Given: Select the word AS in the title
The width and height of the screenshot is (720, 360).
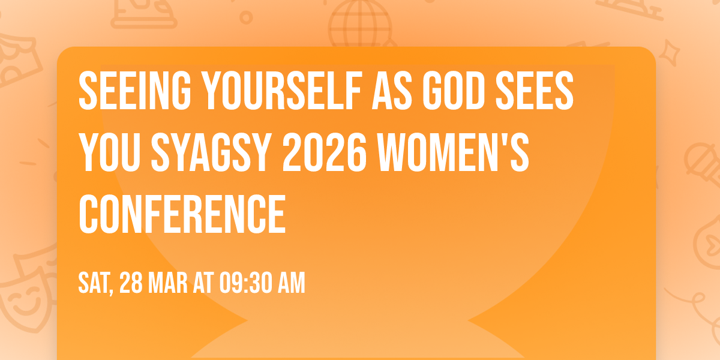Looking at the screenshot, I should click(x=388, y=90).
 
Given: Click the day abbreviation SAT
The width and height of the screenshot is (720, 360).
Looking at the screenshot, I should click(x=96, y=283).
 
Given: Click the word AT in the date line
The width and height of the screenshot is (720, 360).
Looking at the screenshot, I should click(x=203, y=283).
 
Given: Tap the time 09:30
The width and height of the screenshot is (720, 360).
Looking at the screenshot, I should click(x=246, y=283).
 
